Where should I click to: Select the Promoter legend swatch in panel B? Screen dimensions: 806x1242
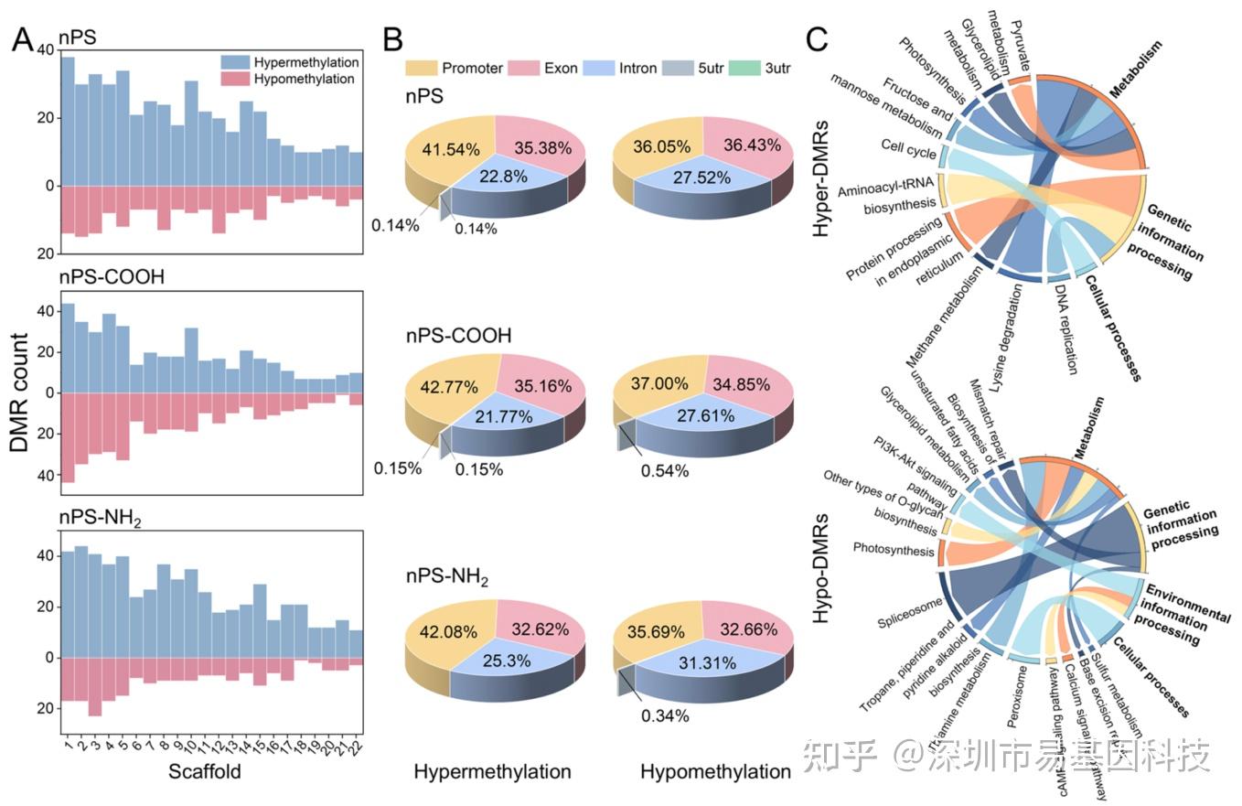click(x=422, y=68)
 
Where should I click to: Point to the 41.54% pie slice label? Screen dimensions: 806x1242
click(x=449, y=147)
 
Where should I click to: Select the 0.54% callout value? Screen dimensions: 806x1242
click(x=665, y=470)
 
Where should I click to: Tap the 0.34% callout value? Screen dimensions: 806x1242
click(x=665, y=715)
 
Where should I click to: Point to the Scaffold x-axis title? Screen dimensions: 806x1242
click(x=205, y=771)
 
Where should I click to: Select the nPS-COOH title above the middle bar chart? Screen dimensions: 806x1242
click(x=112, y=276)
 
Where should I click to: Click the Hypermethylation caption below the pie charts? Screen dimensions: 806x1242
click(x=492, y=771)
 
